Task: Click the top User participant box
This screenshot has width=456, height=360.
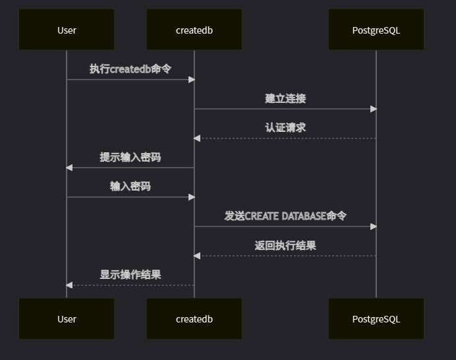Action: (x=67, y=30)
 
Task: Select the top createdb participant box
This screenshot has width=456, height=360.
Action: (x=194, y=30)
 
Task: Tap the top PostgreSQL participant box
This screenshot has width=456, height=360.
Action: (x=376, y=30)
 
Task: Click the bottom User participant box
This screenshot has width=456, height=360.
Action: (x=67, y=319)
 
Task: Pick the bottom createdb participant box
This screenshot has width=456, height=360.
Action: (x=194, y=319)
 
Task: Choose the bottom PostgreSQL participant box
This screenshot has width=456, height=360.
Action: (x=376, y=319)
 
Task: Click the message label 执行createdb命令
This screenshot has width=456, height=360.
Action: (x=130, y=69)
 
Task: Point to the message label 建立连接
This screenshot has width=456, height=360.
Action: (x=285, y=99)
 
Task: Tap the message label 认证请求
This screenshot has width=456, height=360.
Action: (x=285, y=128)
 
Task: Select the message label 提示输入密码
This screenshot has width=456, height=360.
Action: (x=130, y=158)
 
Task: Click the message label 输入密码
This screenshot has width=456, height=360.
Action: (x=130, y=187)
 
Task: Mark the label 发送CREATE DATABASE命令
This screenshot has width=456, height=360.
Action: (x=285, y=216)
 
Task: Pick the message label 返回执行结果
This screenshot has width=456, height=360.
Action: (x=285, y=246)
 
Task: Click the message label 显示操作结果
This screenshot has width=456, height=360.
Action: (x=130, y=275)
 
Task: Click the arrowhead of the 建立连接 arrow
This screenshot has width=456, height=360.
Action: (x=373, y=109)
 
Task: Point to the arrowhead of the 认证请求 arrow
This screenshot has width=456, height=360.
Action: (x=197, y=138)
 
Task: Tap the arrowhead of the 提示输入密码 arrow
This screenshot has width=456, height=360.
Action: (x=69, y=167)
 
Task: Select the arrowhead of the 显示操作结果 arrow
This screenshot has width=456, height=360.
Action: (x=69, y=285)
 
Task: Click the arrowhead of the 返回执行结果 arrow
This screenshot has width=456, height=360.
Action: (x=197, y=256)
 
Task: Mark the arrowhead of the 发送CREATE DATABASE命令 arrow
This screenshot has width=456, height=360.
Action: (x=373, y=226)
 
